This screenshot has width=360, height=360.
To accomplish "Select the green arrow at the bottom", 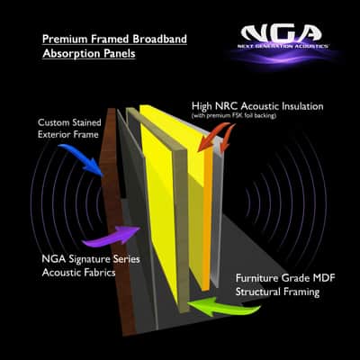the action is point(223,306).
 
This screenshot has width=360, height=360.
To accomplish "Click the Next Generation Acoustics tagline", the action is point(283,46).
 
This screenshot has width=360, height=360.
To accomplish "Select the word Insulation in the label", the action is point(299,106).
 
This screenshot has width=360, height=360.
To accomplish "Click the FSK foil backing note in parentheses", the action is point(233,115).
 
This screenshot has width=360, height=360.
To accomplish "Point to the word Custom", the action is point(54,122).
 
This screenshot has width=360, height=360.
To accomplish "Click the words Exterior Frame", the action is point(68,134).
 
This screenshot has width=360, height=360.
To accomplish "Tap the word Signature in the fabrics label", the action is point(90,259).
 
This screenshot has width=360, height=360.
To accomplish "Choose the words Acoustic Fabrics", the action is point(78,273).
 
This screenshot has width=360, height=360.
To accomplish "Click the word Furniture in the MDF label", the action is point(257,278).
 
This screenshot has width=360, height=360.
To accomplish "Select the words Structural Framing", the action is point(277,292).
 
